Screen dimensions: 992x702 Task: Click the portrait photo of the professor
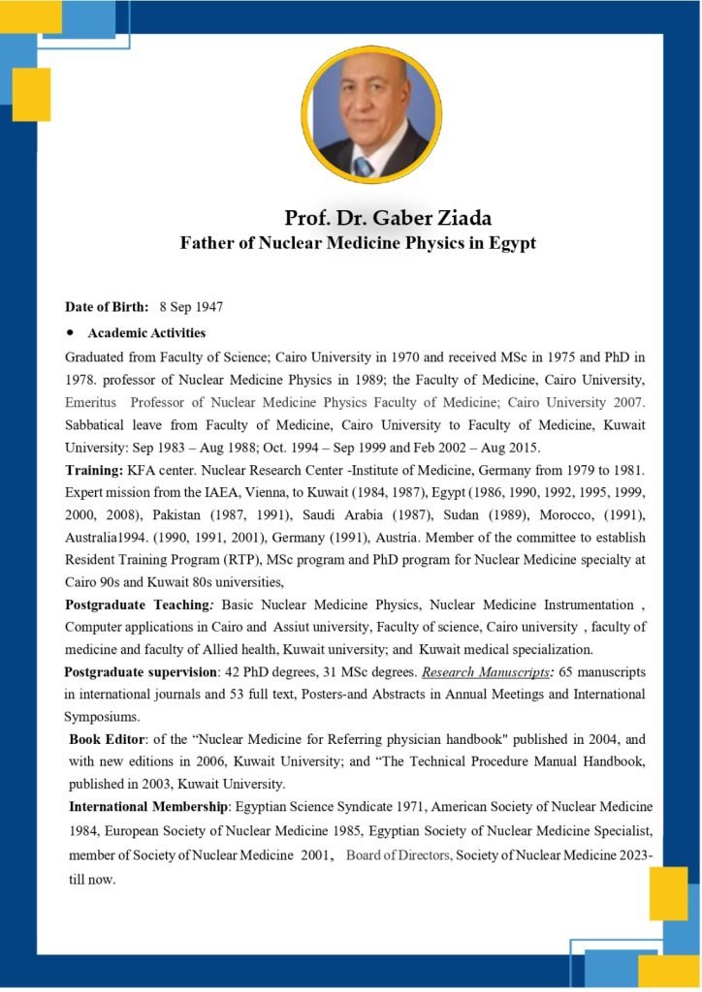[371, 113]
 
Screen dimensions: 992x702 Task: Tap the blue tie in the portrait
[363, 165]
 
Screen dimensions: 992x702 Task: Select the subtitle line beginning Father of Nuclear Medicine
[358, 243]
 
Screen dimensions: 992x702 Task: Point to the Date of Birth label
[107, 307]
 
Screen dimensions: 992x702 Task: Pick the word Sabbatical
[98, 425]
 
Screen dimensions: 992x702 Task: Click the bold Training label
[93, 471]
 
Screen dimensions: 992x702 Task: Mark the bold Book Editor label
[106, 740]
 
